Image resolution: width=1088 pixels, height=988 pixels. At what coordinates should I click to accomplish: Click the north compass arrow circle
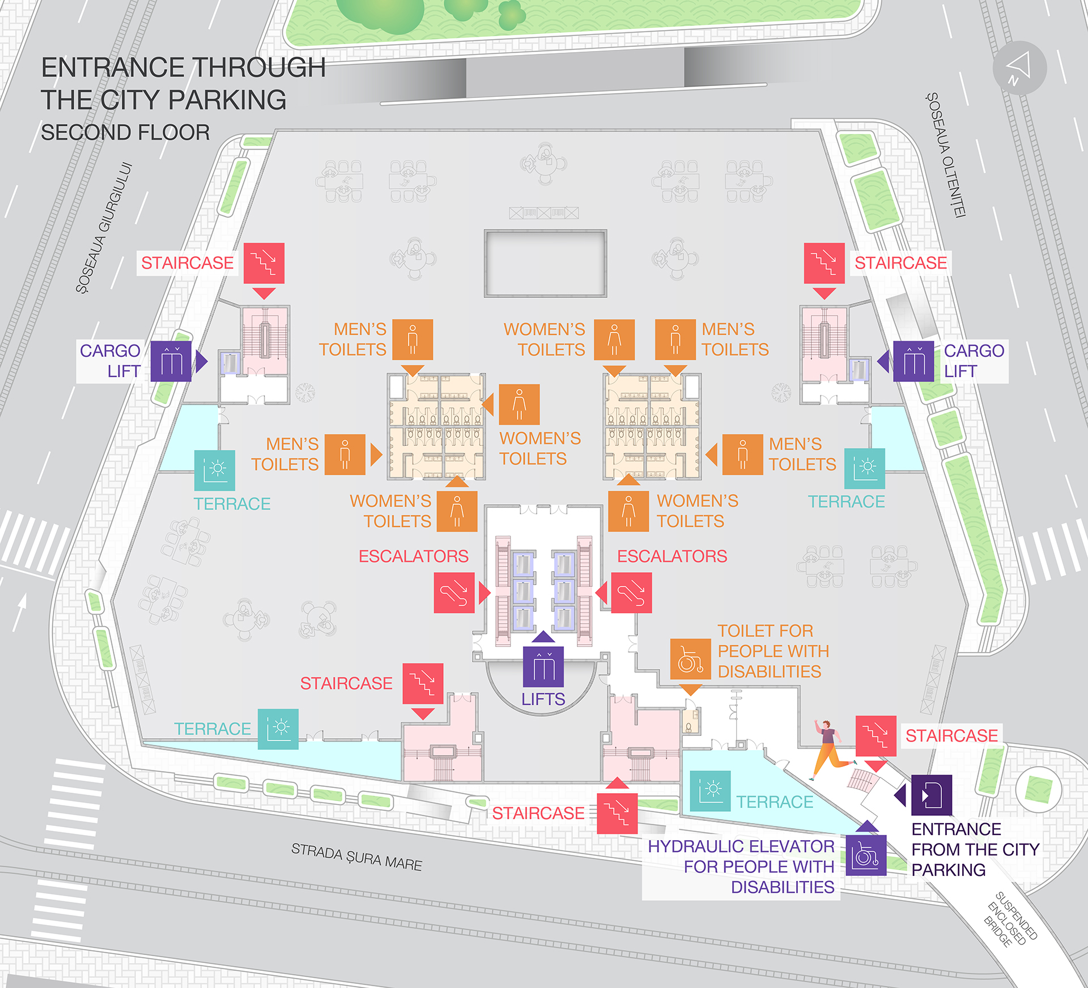click(x=1019, y=68)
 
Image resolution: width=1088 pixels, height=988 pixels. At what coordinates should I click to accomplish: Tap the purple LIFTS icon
click(x=543, y=667)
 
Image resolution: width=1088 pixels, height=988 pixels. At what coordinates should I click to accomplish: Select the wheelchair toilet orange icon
click(x=690, y=659)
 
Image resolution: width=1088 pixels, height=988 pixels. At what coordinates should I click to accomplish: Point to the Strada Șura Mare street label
click(x=356, y=857)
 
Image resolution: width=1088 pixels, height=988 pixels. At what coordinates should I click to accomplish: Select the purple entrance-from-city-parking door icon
click(x=932, y=795)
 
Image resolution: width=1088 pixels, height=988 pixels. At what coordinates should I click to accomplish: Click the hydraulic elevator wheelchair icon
click(x=866, y=855)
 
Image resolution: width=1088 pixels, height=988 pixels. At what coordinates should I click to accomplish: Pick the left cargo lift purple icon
click(x=171, y=361)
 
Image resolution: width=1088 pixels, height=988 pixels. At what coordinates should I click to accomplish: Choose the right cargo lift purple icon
click(x=913, y=361)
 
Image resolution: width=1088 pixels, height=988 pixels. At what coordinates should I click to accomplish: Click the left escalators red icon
click(x=454, y=593)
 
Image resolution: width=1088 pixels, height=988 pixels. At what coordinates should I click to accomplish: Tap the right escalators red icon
click(x=631, y=593)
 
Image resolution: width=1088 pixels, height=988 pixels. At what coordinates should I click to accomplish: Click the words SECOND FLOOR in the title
click(x=125, y=133)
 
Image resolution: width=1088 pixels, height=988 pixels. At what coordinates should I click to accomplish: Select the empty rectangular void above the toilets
click(x=545, y=263)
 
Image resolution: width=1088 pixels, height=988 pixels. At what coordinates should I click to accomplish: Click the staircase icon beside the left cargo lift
click(x=264, y=263)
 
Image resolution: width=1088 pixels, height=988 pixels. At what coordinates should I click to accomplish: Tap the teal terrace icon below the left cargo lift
click(x=215, y=471)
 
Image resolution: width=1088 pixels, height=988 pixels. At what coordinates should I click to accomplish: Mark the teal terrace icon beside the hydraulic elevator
click(x=710, y=791)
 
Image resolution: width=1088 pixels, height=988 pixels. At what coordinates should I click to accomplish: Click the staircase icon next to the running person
click(x=875, y=736)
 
